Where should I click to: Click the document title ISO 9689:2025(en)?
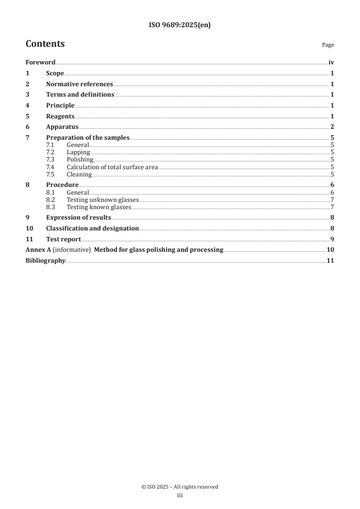point(180,25)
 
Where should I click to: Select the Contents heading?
point(45,44)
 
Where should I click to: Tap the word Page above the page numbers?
point(328,45)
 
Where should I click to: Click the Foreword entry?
point(40,63)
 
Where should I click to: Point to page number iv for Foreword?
point(331,63)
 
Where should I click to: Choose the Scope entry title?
point(55,73)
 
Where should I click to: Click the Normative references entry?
point(79,84)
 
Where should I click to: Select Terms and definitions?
point(80,95)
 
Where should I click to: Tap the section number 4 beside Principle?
point(27,106)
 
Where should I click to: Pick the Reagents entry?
point(60,117)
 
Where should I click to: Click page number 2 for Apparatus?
point(332,127)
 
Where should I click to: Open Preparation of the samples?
point(88,138)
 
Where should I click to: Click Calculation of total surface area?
point(112,167)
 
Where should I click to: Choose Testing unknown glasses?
point(103,200)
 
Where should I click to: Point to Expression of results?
point(79,218)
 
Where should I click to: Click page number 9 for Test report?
point(332,239)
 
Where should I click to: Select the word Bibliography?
point(45,261)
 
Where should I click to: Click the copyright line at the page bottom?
point(180,487)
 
